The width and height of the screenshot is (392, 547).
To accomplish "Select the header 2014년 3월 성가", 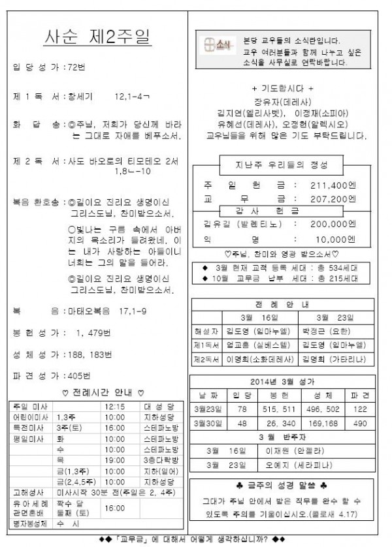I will pos(282,382).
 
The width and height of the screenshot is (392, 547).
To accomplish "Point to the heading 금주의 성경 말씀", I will pos(282,485).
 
